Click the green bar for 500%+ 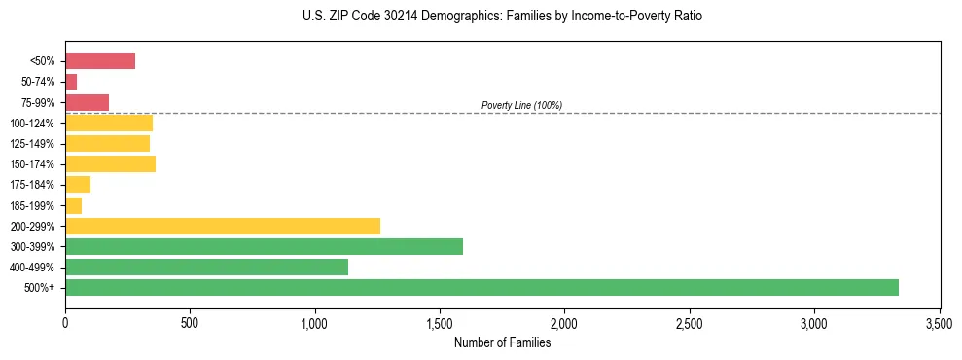pos(481,287)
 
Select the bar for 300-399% pos(264,246)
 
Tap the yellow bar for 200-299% pos(223,226)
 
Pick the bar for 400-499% pos(206,267)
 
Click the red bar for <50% pos(100,61)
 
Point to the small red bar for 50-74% pos(71,82)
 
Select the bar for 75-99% pos(87,102)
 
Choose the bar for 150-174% pos(110,164)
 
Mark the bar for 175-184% pos(78,185)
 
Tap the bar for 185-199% pos(73,205)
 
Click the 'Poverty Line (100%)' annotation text pos(521,105)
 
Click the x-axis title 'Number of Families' pos(502,342)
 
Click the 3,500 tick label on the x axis pos(939,322)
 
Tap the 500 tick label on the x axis pos(190,322)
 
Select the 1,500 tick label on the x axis pos(440,322)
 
